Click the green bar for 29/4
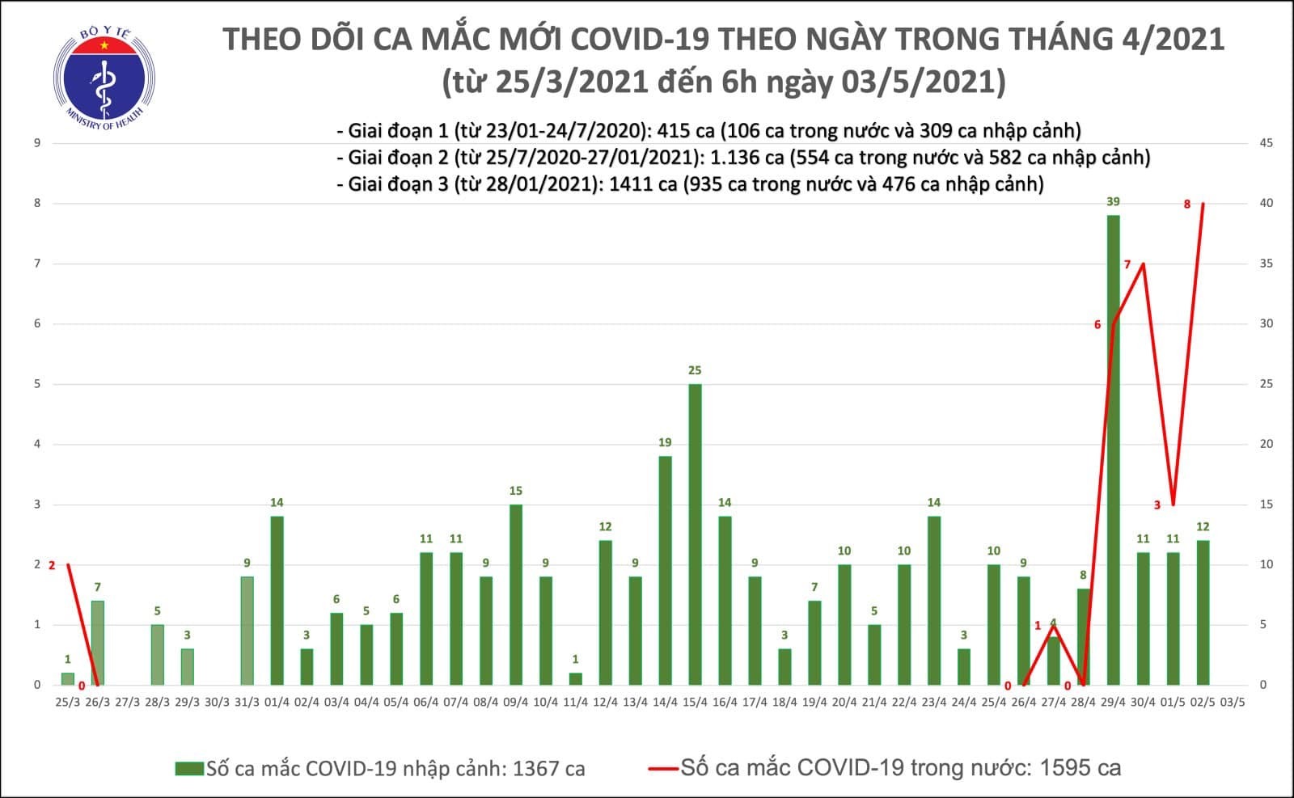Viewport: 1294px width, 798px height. (x=1113, y=450)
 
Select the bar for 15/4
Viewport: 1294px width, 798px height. (x=695, y=534)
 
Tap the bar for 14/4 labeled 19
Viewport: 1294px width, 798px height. (x=665, y=570)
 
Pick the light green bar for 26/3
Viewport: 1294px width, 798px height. (x=97, y=642)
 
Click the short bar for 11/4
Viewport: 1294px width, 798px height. (x=575, y=678)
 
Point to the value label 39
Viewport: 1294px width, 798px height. (x=1113, y=202)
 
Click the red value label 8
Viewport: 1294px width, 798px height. (x=1186, y=205)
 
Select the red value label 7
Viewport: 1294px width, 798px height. (x=1127, y=265)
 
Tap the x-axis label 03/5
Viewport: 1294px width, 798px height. (x=1233, y=702)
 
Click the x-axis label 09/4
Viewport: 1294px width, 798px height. (x=515, y=702)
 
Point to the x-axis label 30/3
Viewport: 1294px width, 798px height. (x=217, y=702)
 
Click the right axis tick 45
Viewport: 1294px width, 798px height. (x=1266, y=143)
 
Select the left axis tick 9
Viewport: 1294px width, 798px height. (x=36, y=143)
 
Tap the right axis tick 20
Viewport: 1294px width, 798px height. (x=1266, y=444)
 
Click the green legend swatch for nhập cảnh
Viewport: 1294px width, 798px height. (x=189, y=768)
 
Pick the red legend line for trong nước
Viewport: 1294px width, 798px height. (x=663, y=768)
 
